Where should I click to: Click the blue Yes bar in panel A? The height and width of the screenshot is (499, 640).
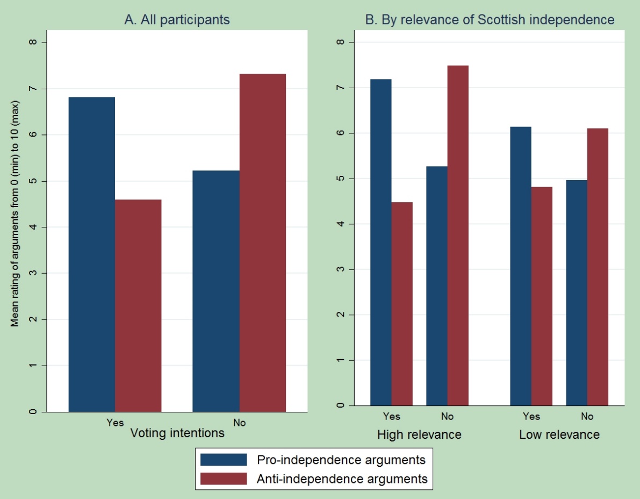[x=92, y=254]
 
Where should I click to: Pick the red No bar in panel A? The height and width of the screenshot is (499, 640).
[x=262, y=243]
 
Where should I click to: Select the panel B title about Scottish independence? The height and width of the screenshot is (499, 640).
[x=490, y=20]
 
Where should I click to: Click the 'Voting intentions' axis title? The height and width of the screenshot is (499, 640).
[x=177, y=433]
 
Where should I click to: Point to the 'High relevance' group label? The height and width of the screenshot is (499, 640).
[x=419, y=434]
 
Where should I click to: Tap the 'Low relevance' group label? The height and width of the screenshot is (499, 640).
[x=559, y=434]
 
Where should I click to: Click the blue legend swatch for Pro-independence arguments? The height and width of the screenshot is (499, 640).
[x=224, y=460]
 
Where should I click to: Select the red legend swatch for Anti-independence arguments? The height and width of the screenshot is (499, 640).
[x=224, y=478]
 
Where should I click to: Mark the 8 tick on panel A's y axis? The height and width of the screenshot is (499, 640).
[x=33, y=42]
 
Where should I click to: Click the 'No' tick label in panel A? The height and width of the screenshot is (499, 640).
[x=239, y=423]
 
